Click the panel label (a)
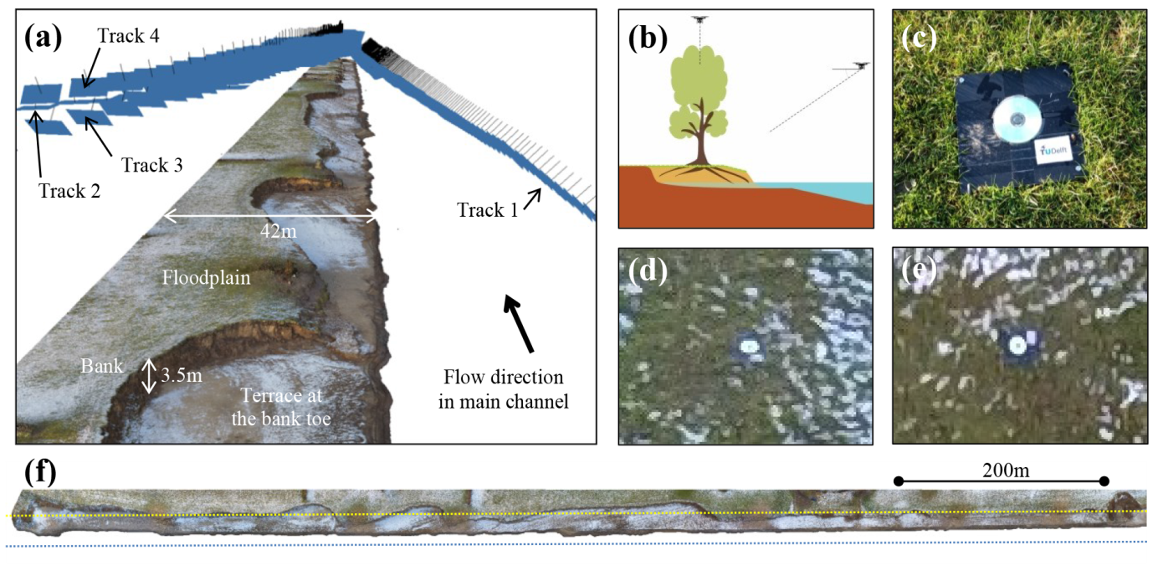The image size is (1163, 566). tap(44, 37)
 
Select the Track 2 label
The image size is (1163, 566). tap(69, 190)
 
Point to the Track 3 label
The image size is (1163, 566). tap(151, 164)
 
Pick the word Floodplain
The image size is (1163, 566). tap(207, 276)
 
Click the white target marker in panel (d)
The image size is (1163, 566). tap(746, 345)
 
